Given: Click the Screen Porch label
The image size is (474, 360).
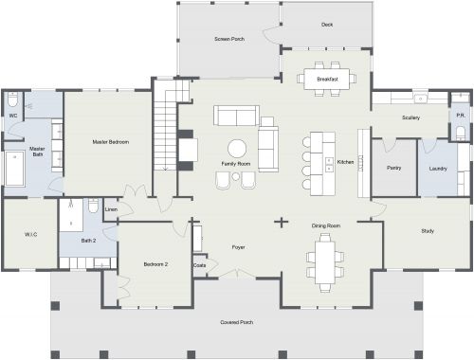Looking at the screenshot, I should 230,39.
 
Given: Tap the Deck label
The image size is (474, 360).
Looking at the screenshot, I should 327,25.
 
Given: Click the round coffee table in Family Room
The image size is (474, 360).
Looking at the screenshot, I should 236,148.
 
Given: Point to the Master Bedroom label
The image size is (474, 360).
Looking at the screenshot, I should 110,141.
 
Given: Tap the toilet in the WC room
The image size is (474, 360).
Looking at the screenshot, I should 12,99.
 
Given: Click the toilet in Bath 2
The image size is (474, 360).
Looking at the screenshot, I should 94,207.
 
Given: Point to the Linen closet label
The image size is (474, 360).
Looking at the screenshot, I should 111,209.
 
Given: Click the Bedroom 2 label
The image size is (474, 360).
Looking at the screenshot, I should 155,263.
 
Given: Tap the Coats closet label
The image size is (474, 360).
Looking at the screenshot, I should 199,265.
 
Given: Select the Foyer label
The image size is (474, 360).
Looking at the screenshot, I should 239,247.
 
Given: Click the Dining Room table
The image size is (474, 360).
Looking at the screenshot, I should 325,261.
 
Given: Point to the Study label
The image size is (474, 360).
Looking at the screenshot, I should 427,231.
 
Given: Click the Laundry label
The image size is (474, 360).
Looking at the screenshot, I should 437,168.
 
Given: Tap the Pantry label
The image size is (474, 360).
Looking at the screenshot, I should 394,168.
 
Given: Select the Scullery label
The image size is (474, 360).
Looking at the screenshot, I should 410,117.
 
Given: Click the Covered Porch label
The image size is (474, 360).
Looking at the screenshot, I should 239,321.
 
